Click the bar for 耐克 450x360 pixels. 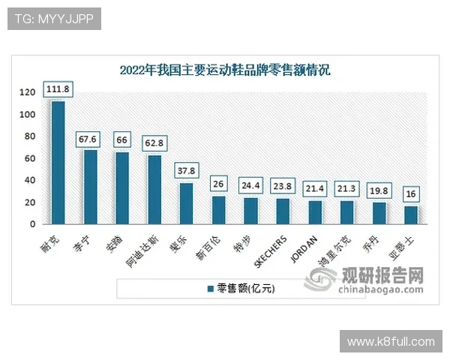pos(57,162)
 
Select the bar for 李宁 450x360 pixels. pos(90,187)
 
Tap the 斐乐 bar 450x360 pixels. pos(185,203)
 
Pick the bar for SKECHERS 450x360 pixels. pos(282,211)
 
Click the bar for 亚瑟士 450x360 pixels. pos(410,214)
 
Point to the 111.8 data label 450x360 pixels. pos(58,89)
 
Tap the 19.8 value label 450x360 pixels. pos(379,190)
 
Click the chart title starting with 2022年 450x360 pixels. pos(225,71)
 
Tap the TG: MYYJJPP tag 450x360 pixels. pos(53,19)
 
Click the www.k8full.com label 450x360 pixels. pos(390,341)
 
